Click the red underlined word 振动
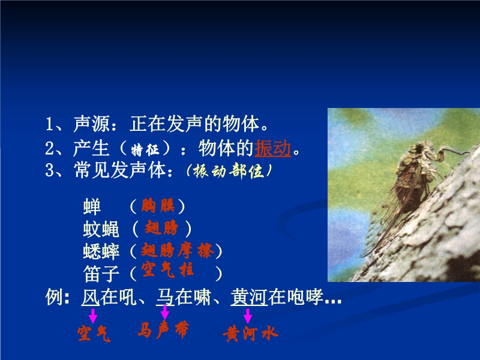point(272,148)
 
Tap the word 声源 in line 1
point(91,124)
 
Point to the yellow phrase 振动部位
point(229,171)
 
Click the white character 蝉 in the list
point(92,206)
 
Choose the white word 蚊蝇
point(101,229)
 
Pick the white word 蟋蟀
point(101,251)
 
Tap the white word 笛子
point(101,274)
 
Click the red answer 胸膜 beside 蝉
point(158,205)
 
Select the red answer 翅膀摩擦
point(178,251)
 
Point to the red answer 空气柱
point(167,269)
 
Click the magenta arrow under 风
point(93,316)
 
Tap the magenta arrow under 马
point(164,313)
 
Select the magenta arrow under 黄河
point(248,316)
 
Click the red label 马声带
point(163,329)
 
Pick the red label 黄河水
point(250,334)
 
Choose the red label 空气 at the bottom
point(94,334)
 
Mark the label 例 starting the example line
point(55,296)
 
